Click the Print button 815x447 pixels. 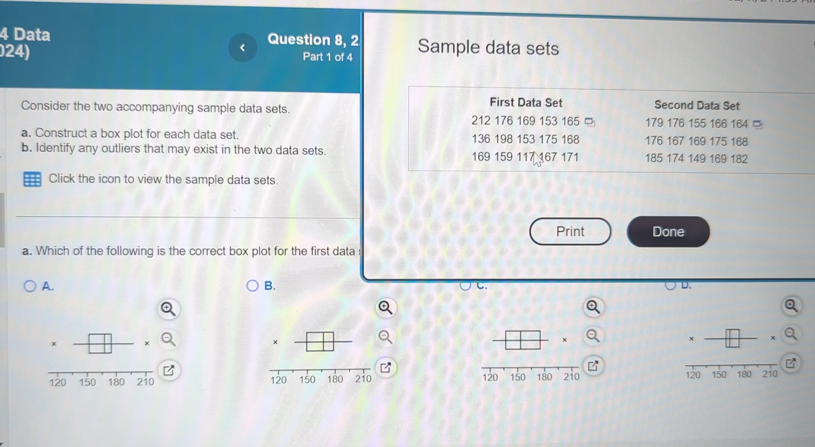[x=570, y=232]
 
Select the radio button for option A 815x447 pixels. [x=30, y=286]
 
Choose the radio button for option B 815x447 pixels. [x=253, y=286]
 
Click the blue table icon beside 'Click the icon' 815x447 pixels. [x=32, y=180]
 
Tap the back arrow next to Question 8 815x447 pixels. [x=243, y=48]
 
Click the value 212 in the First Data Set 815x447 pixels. [x=481, y=121]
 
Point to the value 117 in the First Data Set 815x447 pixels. [x=526, y=157]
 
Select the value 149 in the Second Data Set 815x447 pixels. [x=696, y=159]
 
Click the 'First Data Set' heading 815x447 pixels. [x=526, y=102]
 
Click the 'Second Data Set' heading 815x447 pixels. [x=697, y=105]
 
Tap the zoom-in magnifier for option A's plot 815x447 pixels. [x=168, y=309]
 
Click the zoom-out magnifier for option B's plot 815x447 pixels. [x=385, y=337]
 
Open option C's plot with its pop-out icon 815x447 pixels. [x=593, y=365]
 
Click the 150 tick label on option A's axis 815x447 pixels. [x=87, y=382]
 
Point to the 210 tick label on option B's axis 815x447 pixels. [x=363, y=379]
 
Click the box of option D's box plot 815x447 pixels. [x=732, y=338]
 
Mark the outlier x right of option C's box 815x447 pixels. [x=565, y=340]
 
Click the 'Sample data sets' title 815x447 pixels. [x=488, y=47]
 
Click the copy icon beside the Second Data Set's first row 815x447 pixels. [x=757, y=124]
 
